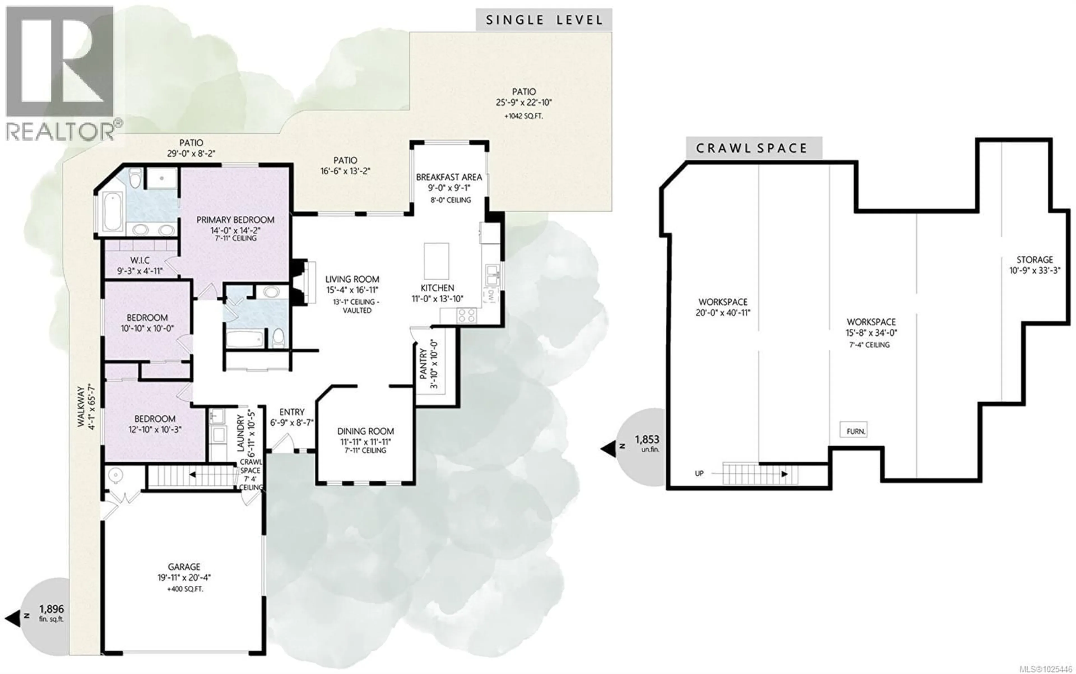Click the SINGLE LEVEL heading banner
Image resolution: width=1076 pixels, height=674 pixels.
click(x=544, y=20)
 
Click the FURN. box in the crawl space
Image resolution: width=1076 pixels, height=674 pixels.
click(x=853, y=431)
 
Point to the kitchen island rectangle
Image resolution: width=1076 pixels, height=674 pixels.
click(x=436, y=261)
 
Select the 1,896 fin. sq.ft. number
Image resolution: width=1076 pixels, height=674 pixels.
click(x=52, y=609)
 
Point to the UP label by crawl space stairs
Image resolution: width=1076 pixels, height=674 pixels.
click(x=699, y=473)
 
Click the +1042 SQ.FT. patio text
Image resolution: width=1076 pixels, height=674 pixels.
click(x=523, y=116)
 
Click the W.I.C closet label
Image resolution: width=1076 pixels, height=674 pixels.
click(x=140, y=260)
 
